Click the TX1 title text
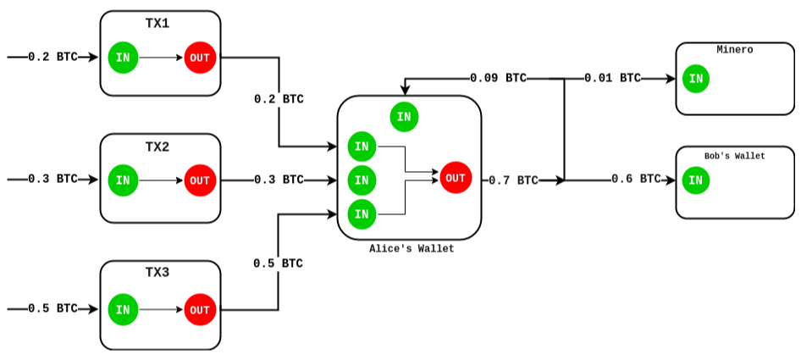click(x=157, y=24)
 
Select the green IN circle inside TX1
click(x=123, y=58)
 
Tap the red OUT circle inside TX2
click(x=200, y=180)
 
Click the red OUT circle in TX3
click(x=200, y=310)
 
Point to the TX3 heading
click(x=157, y=273)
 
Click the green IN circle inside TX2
click(x=123, y=180)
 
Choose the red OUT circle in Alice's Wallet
click(x=456, y=178)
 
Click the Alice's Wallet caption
click(x=412, y=249)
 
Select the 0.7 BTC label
click(x=513, y=180)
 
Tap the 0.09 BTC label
click(x=498, y=78)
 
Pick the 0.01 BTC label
click(x=612, y=78)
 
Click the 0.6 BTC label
click(x=635, y=179)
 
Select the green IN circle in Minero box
click(x=696, y=79)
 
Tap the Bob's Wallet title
click(x=734, y=157)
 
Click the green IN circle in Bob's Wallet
click(x=695, y=180)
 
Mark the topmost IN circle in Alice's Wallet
click(x=404, y=117)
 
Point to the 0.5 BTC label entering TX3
click(x=52, y=308)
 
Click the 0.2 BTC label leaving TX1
click(x=279, y=99)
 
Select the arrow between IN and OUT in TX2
click(x=161, y=180)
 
